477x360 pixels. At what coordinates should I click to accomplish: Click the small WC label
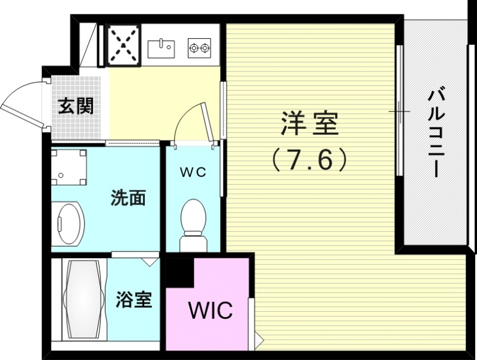(x=193, y=172)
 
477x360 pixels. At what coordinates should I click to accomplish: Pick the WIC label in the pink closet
(x=210, y=311)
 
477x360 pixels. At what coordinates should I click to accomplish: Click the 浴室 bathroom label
(x=134, y=300)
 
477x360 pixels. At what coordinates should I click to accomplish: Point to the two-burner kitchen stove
(x=200, y=47)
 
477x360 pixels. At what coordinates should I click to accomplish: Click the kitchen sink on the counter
(x=160, y=46)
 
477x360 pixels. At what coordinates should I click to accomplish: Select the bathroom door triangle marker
(x=150, y=260)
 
